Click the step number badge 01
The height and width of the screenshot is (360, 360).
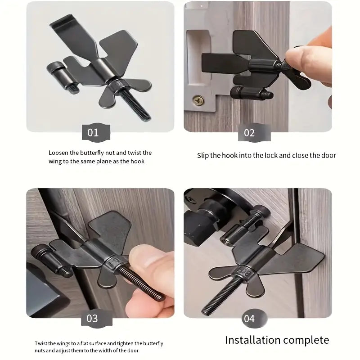(93, 133)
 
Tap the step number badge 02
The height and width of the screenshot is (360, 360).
(249, 133)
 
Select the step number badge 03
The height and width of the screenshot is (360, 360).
(92, 319)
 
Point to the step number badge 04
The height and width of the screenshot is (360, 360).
(249, 319)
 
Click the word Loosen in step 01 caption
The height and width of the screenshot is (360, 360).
(58, 153)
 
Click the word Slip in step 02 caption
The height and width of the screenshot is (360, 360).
(204, 155)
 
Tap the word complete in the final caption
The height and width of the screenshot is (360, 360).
(307, 340)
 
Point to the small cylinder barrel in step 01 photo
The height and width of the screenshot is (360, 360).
(58, 72)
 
